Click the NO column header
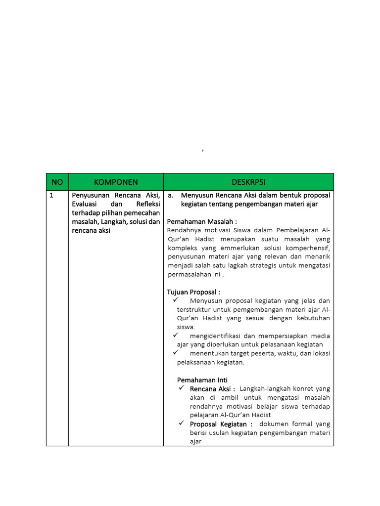pyautogui.click(x=57, y=182)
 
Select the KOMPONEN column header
pyautogui.click(x=116, y=182)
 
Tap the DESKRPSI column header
pyautogui.click(x=249, y=182)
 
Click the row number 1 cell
pyautogui.click(x=51, y=196)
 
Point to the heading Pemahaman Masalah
pyautogui.click(x=202, y=221)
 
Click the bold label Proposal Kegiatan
pyautogui.click(x=221, y=424)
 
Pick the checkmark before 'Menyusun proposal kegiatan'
pyautogui.click(x=175, y=300)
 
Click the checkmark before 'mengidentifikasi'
pyautogui.click(x=175, y=336)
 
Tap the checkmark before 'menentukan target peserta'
pyautogui.click(x=175, y=353)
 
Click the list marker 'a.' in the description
pyautogui.click(x=171, y=195)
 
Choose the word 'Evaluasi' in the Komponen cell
pyautogui.click(x=86, y=204)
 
